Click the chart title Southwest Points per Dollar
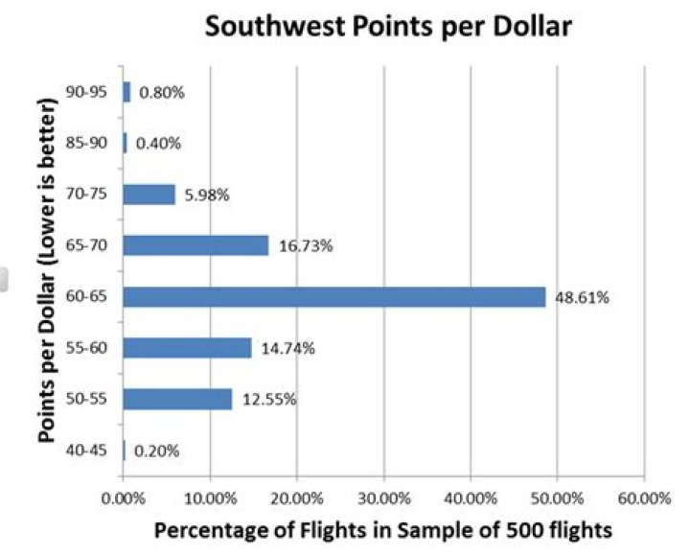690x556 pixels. point(389,27)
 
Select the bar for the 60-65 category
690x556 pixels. point(333,297)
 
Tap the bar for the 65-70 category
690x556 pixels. point(195,245)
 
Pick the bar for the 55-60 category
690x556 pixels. point(187,348)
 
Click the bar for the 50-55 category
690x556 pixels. point(177,399)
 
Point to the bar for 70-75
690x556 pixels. point(149,195)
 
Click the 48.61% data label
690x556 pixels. point(582,297)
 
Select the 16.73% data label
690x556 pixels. point(305,246)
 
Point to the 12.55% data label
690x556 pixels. point(268,400)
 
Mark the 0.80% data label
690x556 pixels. point(161,93)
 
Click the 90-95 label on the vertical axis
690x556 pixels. point(97,92)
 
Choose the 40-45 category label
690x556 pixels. point(97,450)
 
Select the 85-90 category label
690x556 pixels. point(97,144)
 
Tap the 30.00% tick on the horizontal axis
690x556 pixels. point(383,498)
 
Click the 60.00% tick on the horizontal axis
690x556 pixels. point(643,498)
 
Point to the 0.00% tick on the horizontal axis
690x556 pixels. point(122,498)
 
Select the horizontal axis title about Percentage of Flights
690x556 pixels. point(383,529)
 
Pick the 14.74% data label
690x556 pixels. point(287,349)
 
